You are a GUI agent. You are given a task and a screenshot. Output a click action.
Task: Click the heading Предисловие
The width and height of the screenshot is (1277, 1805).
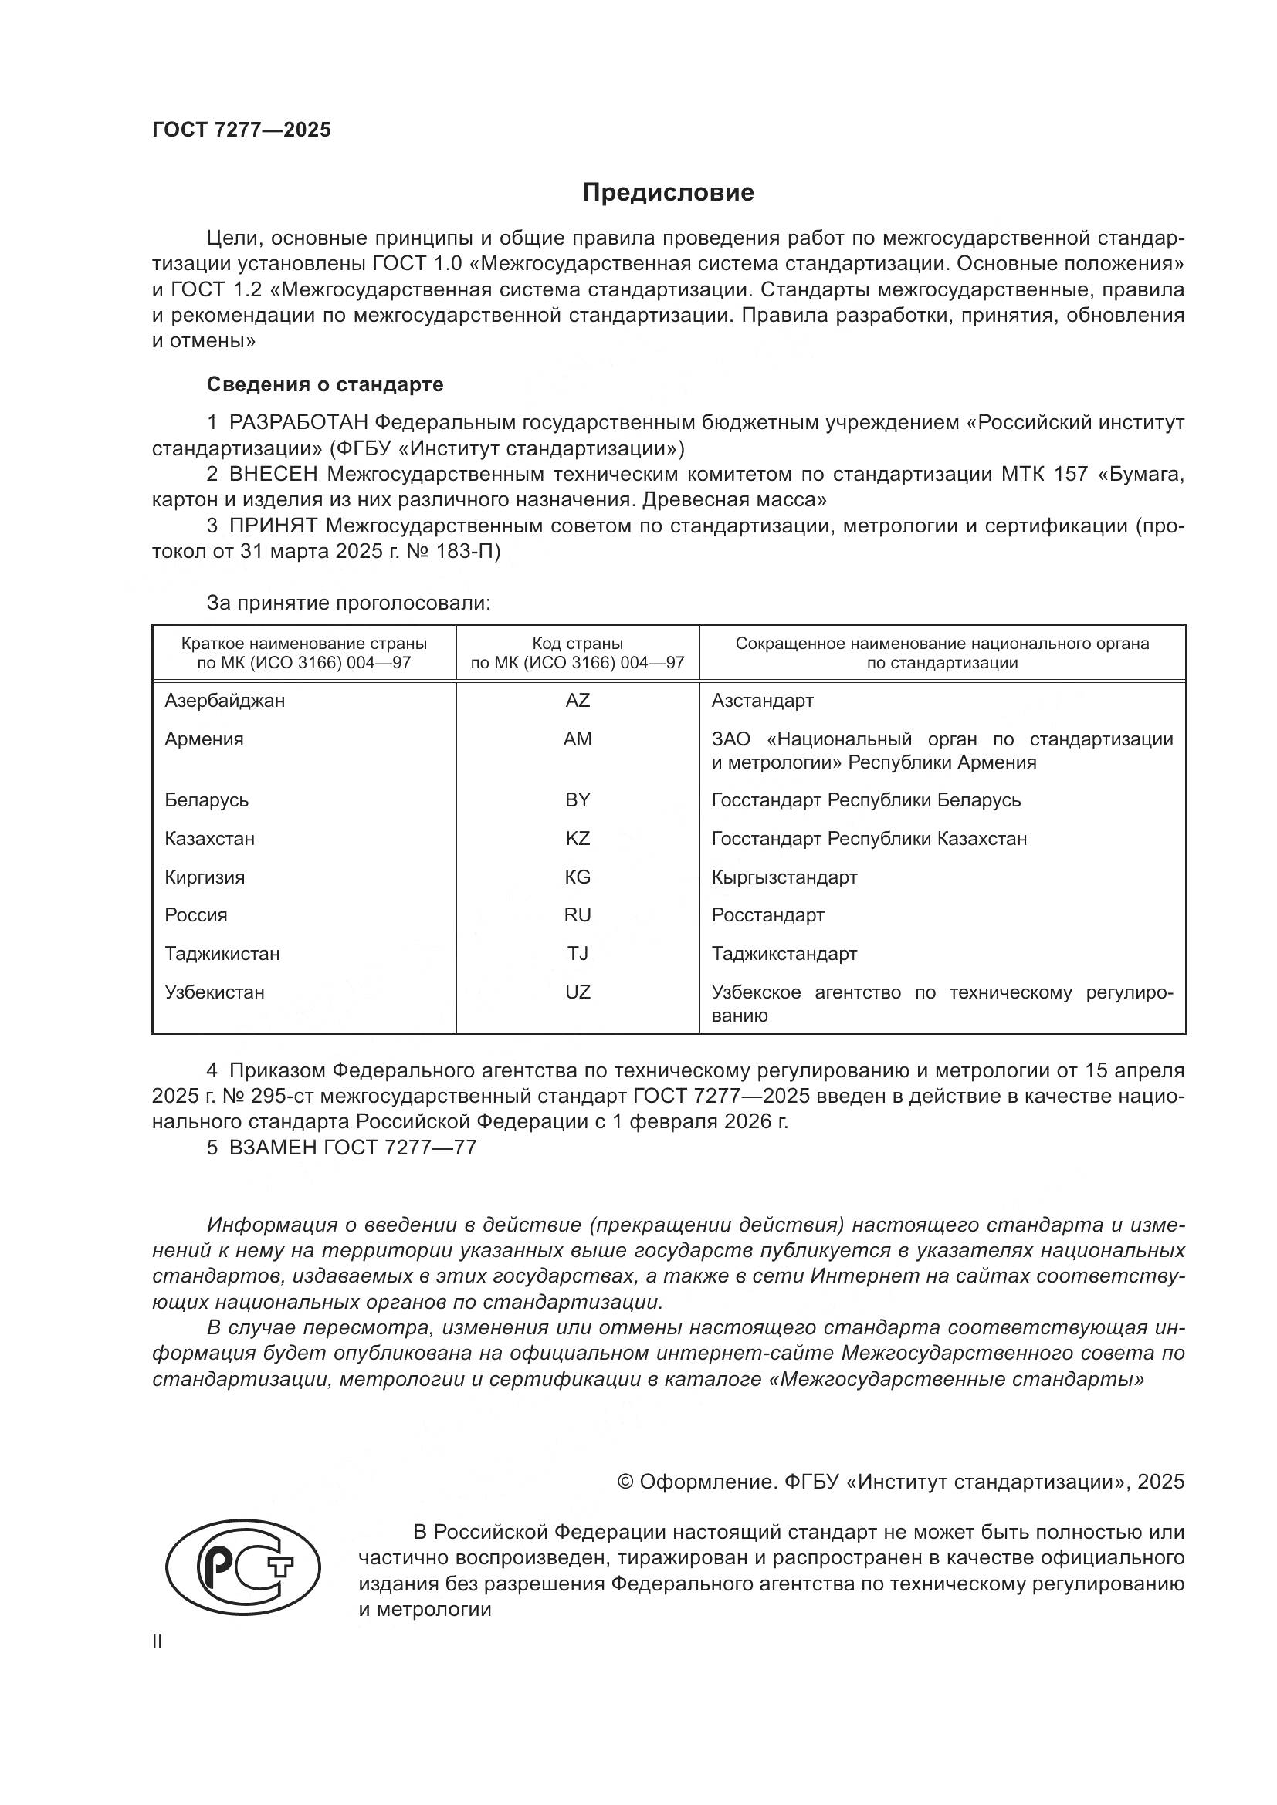[x=668, y=193]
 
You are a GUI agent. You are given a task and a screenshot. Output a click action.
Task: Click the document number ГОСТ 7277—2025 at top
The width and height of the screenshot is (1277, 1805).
[x=242, y=130]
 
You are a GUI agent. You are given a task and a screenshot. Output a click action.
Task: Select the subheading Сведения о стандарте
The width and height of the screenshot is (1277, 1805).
[x=325, y=384]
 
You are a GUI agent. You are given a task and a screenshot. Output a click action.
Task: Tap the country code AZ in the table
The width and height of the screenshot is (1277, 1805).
[x=578, y=701]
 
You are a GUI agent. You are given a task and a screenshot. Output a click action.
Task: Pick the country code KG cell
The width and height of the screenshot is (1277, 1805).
[x=578, y=877]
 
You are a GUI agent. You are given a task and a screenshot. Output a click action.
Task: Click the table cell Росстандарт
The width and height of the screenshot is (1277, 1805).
[x=767, y=915]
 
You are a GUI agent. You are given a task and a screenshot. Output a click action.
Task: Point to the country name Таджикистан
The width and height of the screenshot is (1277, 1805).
[x=222, y=954]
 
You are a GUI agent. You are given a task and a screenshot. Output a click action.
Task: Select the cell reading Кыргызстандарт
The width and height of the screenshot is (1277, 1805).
[x=784, y=877]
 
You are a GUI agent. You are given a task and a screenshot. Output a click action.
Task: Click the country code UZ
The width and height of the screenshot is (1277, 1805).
[x=578, y=992]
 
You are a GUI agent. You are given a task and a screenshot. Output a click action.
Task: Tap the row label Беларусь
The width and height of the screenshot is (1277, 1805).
[x=206, y=800]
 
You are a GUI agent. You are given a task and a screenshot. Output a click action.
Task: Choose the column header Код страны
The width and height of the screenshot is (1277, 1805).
[x=578, y=644]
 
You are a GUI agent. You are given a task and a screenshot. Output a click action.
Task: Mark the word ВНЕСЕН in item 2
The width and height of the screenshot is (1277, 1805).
[x=273, y=474]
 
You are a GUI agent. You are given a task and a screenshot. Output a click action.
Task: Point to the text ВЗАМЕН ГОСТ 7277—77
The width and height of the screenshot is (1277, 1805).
[x=352, y=1147]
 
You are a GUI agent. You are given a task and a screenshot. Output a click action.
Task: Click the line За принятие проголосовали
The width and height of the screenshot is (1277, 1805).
[x=348, y=603]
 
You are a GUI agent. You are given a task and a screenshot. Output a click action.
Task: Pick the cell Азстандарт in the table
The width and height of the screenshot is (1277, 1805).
[x=762, y=701]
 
